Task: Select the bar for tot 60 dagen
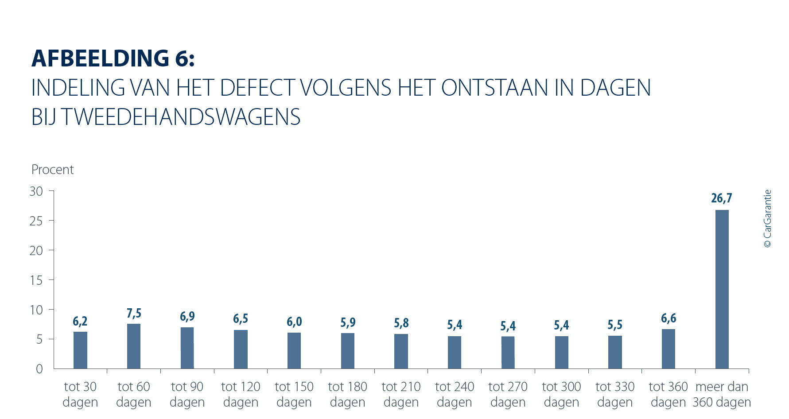coord(134,346)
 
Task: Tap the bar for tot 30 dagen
coord(80,350)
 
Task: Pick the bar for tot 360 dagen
coord(668,349)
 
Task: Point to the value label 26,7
coord(722,198)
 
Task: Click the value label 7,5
coord(134,314)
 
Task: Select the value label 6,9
coord(187,317)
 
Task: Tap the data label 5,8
coord(401,323)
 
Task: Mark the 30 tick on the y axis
coord(36,191)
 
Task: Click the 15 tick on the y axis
coord(36,280)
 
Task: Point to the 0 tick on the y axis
coord(39,369)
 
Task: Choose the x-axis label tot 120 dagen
coord(241,394)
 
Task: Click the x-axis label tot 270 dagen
coord(508,394)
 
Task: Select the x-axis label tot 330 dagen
coord(615,394)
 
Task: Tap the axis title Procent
coord(52,170)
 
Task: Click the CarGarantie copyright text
coord(768,219)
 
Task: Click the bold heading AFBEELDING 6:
coord(113,58)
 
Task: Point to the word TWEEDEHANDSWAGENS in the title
coord(181,117)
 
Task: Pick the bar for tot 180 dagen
coord(348,351)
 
